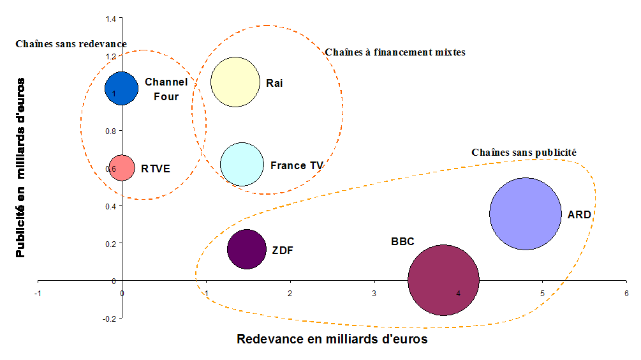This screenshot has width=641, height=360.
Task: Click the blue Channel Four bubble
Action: point(122,88)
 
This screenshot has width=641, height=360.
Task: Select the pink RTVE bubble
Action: point(121,168)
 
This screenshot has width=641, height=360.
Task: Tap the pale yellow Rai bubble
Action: point(235,82)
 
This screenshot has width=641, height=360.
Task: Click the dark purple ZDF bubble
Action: point(246,249)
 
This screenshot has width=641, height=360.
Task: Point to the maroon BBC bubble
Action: point(443,280)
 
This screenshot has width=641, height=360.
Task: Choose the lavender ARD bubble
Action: point(525,214)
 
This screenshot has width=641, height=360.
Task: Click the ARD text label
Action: point(579,214)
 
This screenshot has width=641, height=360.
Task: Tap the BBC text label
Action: point(402,241)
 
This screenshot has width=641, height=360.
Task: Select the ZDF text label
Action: point(283,250)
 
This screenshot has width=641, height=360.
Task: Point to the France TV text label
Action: point(297,165)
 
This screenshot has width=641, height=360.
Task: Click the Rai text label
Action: point(275,83)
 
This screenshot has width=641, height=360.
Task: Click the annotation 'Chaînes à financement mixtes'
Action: point(395,52)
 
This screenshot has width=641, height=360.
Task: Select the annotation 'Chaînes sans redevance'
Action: point(71,43)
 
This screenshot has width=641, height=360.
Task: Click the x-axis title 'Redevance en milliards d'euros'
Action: point(332,339)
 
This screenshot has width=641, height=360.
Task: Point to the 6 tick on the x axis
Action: point(626,293)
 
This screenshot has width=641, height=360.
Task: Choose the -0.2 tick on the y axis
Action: point(110,318)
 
